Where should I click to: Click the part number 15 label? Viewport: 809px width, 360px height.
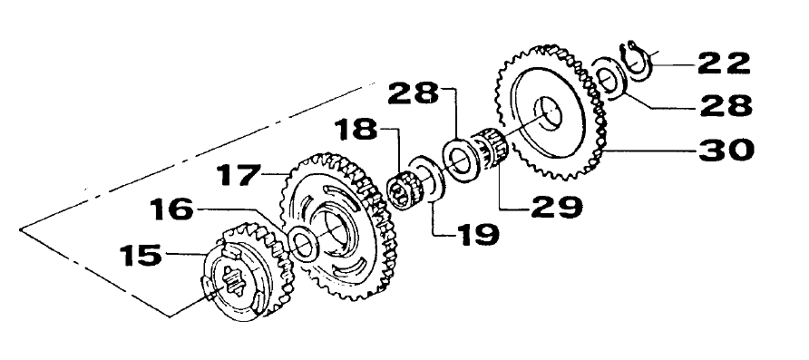141,256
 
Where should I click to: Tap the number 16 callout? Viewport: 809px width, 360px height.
171,210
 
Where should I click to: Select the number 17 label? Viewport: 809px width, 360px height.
238,174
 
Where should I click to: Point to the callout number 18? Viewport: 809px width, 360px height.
356,130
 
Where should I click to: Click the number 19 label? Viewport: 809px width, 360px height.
477,235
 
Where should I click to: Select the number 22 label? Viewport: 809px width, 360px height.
724,63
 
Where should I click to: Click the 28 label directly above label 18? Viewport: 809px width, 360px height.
414,93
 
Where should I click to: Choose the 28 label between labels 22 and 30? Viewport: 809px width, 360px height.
726,107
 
